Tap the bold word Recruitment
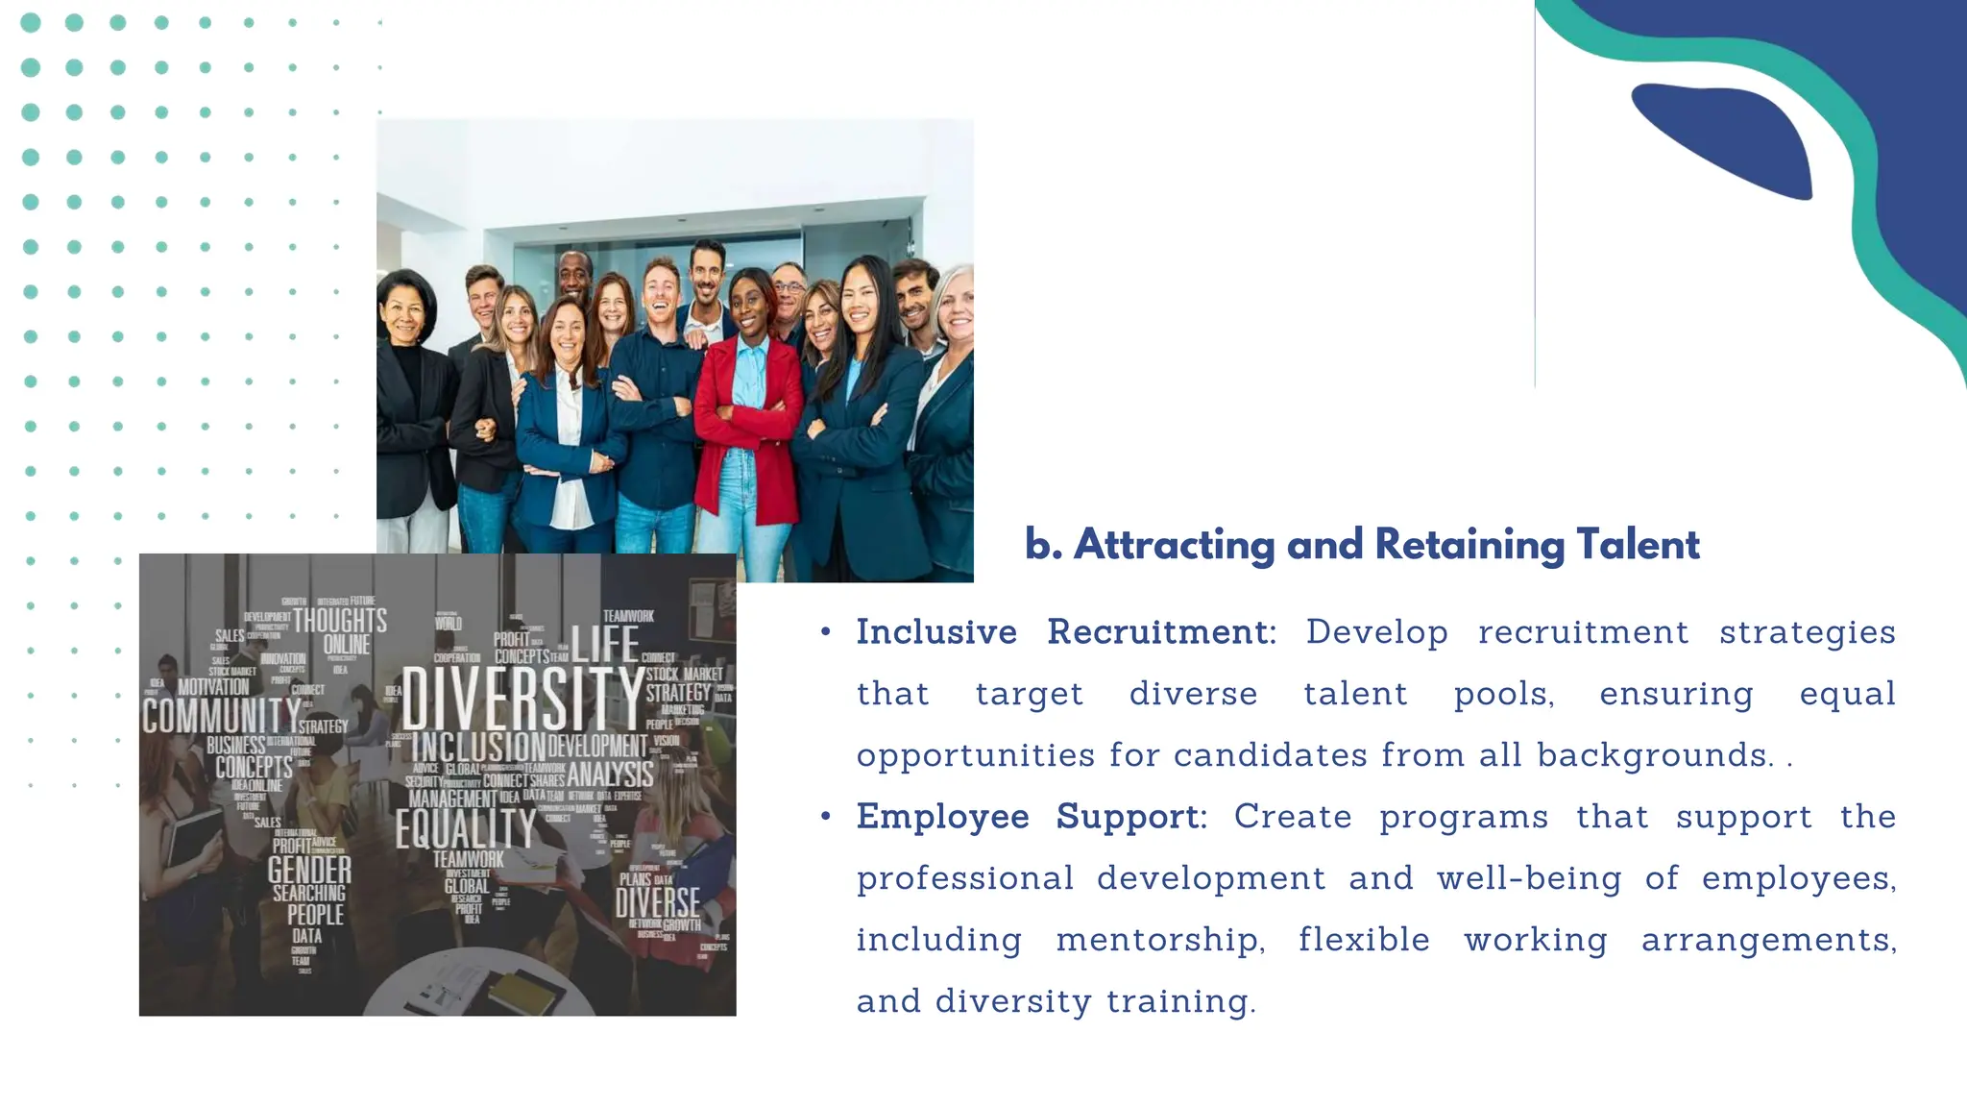click(x=1160, y=632)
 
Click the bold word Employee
click(x=942, y=817)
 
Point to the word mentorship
click(x=1160, y=940)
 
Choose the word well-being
click(x=1529, y=878)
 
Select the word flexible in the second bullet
click(x=1364, y=940)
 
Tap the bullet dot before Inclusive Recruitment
click(x=825, y=632)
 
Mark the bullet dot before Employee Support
click(x=825, y=817)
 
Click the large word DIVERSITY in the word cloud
click(x=522, y=699)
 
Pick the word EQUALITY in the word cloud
click(x=466, y=828)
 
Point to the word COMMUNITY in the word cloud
click(x=221, y=716)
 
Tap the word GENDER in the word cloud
click(x=309, y=871)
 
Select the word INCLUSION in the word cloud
click(x=478, y=747)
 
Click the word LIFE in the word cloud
click(x=605, y=644)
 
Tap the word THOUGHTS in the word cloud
click(x=340, y=621)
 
